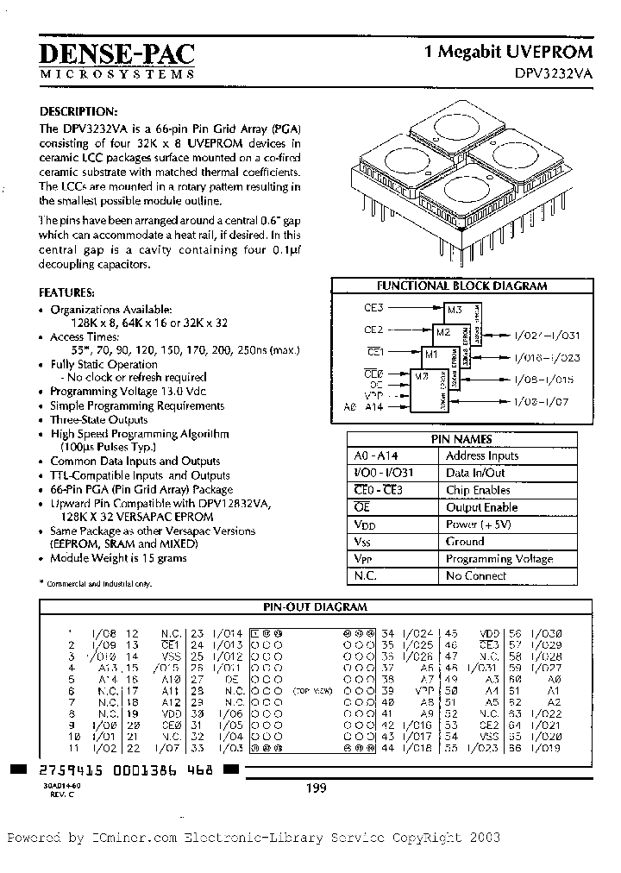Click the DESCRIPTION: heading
[78, 112]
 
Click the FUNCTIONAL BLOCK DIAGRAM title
[461, 286]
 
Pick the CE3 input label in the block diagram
[374, 306]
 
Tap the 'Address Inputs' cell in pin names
[481, 455]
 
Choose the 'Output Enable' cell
[481, 507]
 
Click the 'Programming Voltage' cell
[499, 559]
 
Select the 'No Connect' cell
[475, 575]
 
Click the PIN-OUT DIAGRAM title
[315, 606]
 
